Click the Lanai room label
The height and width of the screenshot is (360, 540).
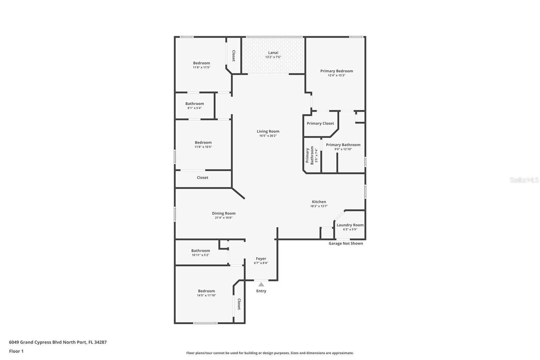click(273, 53)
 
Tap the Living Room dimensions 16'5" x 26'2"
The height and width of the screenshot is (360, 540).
click(268, 136)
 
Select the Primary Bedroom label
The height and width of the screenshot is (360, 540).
click(336, 71)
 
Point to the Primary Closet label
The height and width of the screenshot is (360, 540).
click(320, 123)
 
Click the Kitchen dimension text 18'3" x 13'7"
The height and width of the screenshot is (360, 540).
click(319, 206)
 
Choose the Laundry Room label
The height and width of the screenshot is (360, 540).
click(350, 225)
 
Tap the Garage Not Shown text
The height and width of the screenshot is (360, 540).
click(346, 243)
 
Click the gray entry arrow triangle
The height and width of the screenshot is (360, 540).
click(261, 284)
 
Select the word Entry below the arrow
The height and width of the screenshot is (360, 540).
click(261, 291)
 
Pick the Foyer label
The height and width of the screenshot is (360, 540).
click(261, 259)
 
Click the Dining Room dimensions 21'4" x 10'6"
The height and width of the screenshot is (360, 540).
click(224, 218)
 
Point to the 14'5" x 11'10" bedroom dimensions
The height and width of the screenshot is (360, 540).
click(206, 295)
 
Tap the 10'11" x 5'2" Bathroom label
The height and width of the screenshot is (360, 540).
click(200, 251)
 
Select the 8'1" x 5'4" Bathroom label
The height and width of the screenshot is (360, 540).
click(194, 104)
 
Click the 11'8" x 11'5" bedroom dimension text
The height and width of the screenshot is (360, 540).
click(201, 68)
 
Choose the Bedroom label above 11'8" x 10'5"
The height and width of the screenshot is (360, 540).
click(203, 143)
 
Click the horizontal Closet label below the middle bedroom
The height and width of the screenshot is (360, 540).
click(202, 178)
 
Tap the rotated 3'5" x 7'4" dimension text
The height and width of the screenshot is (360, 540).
click(316, 156)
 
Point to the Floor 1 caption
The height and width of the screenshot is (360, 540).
click(16, 351)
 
